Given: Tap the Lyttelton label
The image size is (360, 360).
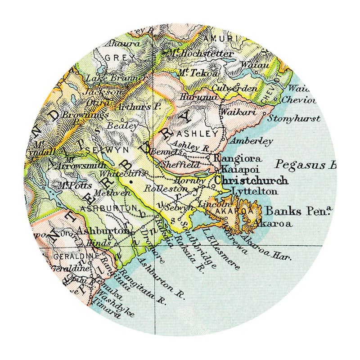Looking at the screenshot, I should click(248, 191).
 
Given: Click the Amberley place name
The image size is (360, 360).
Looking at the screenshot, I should click(252, 141).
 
